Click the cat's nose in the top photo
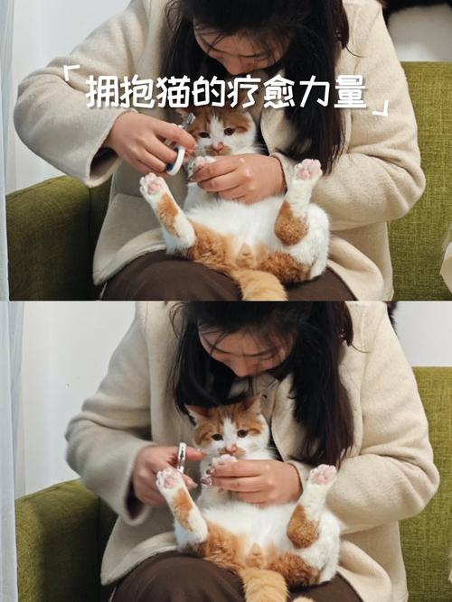218,144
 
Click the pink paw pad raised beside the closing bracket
308,169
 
